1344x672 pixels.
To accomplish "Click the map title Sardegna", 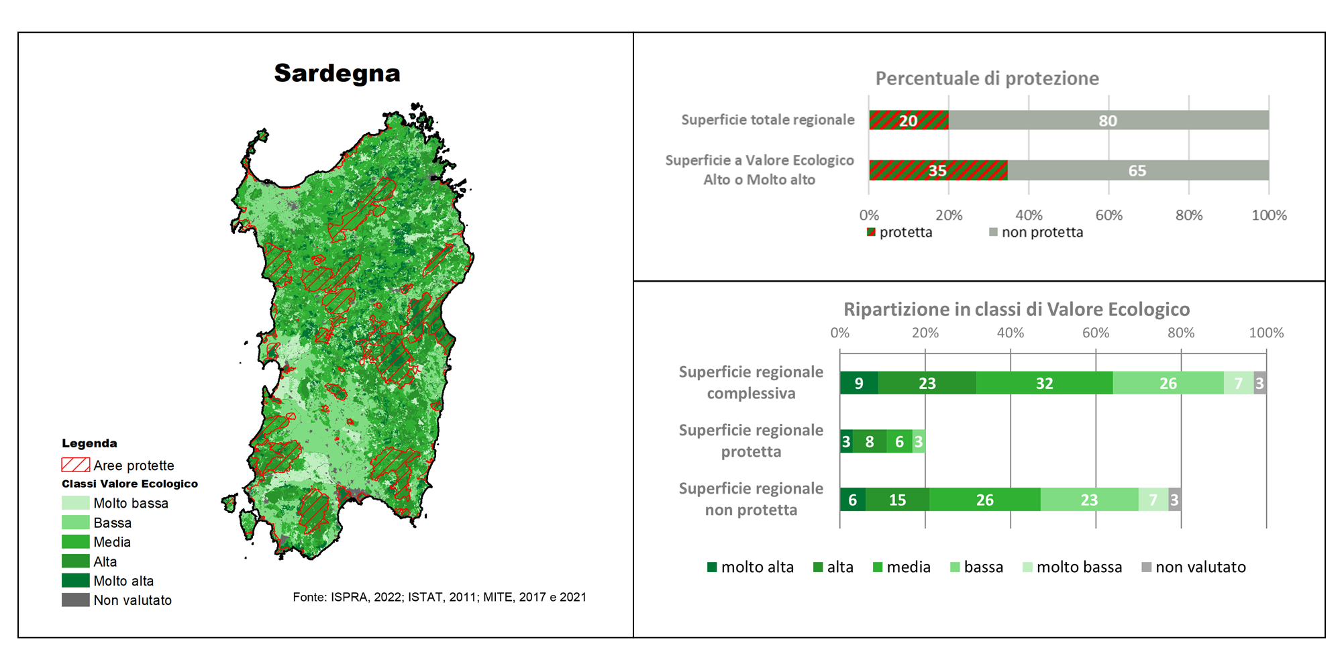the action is tap(337, 73).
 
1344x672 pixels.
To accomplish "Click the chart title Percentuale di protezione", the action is tap(987, 78).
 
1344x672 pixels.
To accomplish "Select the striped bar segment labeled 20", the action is tap(909, 120).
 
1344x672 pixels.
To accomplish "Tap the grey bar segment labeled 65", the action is tap(1138, 170).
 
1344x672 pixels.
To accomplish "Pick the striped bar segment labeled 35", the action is tap(938, 170).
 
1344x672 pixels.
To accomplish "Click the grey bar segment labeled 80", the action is tap(1108, 120).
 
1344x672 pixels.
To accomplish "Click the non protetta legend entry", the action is tap(1036, 232).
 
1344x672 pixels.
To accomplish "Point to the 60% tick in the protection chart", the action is tap(1108, 215).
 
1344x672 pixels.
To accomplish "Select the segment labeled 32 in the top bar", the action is tap(1044, 383).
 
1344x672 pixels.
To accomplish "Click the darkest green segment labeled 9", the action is tap(859, 383).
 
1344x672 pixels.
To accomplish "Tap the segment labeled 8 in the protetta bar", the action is tap(870, 441).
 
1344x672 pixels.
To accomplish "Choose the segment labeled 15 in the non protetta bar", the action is tap(898, 500).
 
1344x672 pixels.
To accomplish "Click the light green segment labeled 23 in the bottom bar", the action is tap(1090, 500).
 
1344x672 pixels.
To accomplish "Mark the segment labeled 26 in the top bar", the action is tap(1168, 383).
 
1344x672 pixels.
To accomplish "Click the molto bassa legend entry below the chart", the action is tap(1072, 567).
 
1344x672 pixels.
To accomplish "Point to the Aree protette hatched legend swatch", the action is tap(75, 465).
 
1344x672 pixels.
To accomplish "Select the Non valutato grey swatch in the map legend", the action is tap(75, 600).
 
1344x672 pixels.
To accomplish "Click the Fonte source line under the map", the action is tap(440, 597).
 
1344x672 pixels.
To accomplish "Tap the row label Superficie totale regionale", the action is tap(768, 119).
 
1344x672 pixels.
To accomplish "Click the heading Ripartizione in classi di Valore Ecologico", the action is tap(1017, 309).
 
